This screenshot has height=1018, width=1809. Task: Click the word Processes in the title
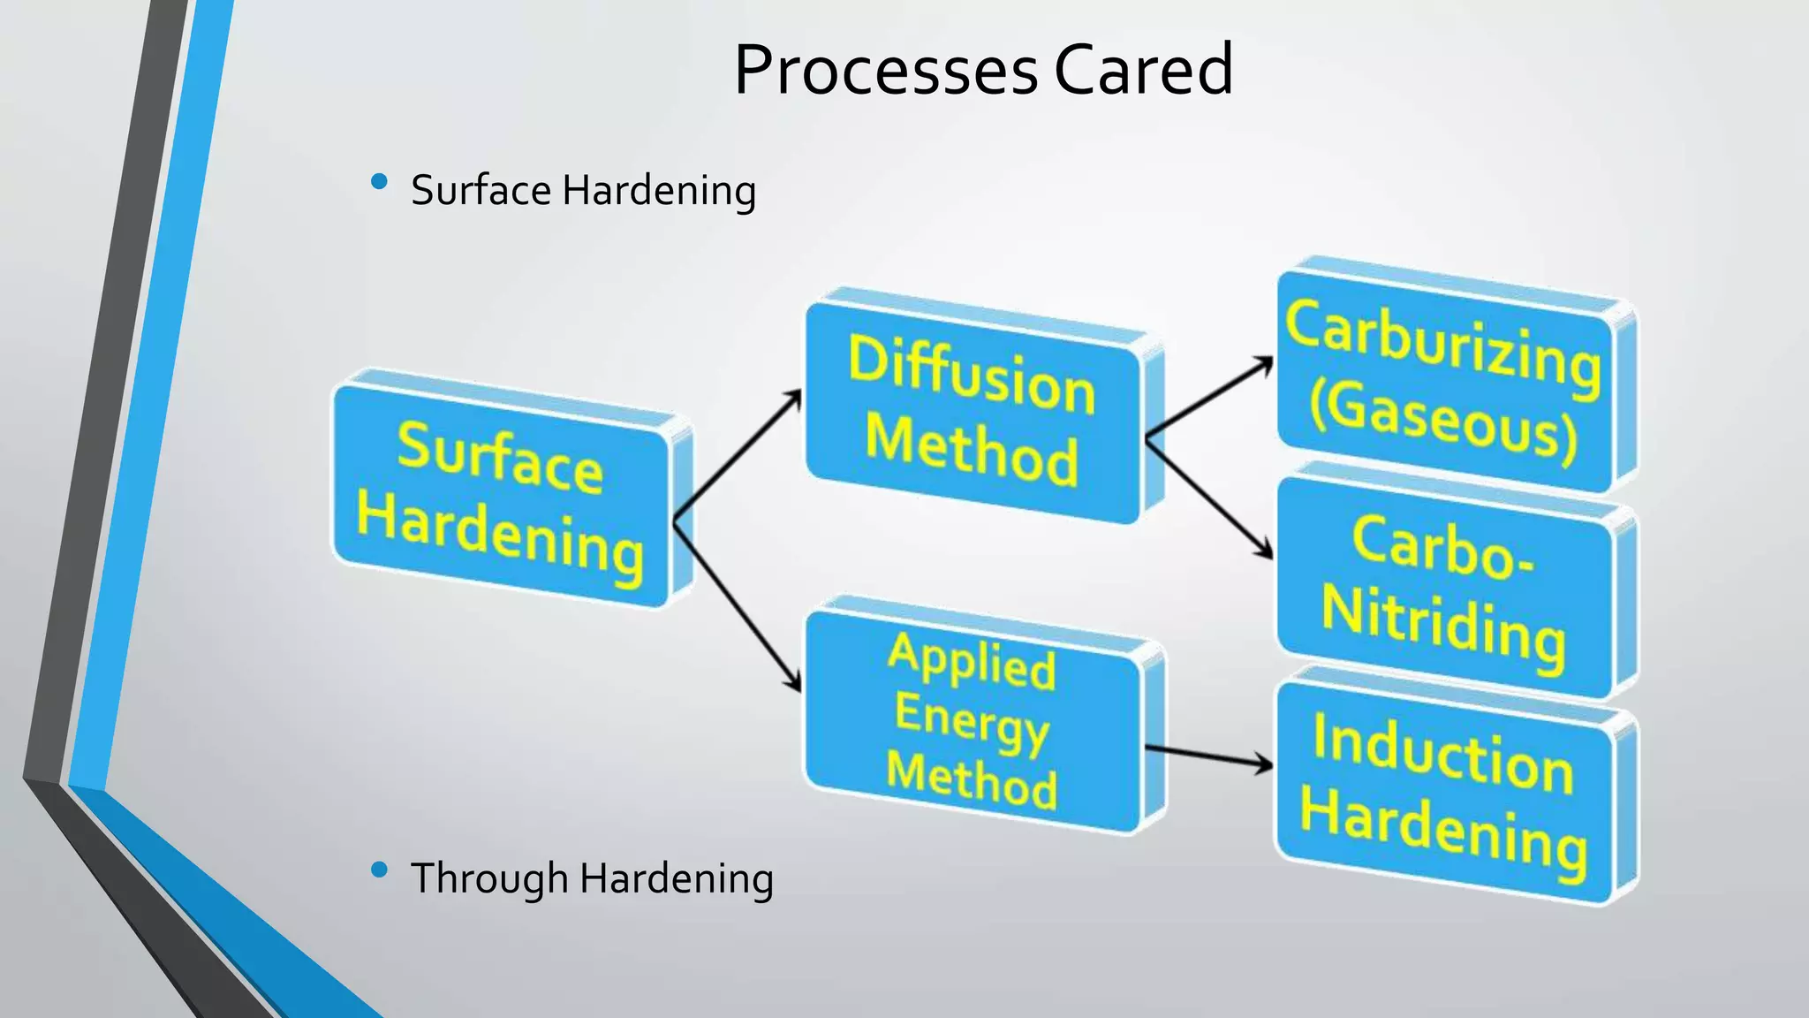coord(885,71)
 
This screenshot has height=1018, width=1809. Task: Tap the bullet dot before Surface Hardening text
coord(380,182)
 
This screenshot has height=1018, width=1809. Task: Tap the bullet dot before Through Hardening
coord(380,870)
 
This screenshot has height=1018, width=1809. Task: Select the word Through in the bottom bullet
coord(489,879)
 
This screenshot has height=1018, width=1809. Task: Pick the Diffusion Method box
coord(972,411)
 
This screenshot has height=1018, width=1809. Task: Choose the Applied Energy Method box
coord(972,720)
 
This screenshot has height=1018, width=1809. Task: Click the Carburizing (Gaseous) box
coord(1444,380)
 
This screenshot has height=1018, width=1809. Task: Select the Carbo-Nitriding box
coord(1444,588)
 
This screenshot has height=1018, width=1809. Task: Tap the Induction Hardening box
coord(1444,791)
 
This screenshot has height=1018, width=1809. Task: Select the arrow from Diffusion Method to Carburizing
coord(1210,398)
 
